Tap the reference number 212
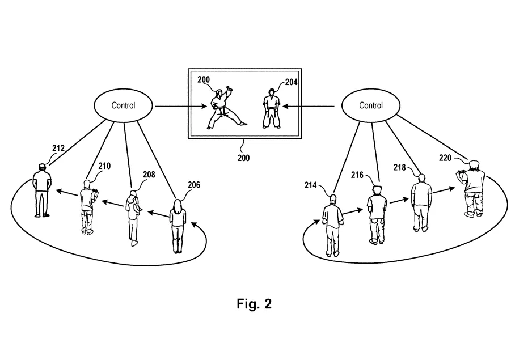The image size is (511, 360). (58, 148)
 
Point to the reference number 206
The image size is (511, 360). (194, 185)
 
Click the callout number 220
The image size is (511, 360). (445, 158)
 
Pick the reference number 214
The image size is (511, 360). (311, 185)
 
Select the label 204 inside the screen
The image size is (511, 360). (292, 82)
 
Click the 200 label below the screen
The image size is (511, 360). (243, 158)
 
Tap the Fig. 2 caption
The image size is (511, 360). (254, 304)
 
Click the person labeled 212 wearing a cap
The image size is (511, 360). (42, 190)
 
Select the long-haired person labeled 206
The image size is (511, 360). (178, 226)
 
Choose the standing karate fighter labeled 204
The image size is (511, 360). (272, 108)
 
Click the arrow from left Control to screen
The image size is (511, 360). (181, 106)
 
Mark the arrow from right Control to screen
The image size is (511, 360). (309, 106)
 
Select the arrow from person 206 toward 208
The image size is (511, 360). (158, 214)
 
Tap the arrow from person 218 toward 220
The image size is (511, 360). (444, 190)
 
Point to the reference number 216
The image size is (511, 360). (357, 175)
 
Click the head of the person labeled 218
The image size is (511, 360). (422, 178)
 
